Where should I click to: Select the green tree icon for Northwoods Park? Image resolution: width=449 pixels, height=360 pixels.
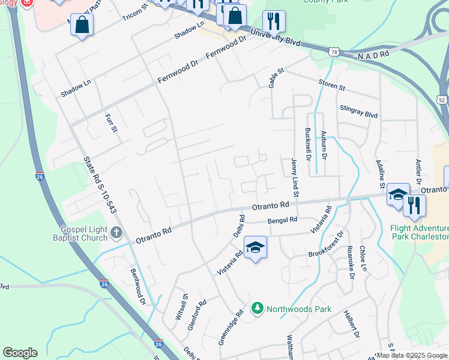click(x=258, y=308)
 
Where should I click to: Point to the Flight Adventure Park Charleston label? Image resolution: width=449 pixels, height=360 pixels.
click(x=418, y=233)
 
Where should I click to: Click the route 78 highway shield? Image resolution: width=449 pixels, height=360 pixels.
click(x=333, y=53)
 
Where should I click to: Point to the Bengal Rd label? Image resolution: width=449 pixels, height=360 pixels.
click(x=283, y=220)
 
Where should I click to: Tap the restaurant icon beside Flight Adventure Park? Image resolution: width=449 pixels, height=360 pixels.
click(x=414, y=205)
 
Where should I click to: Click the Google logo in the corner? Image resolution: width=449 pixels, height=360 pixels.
click(x=20, y=353)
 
